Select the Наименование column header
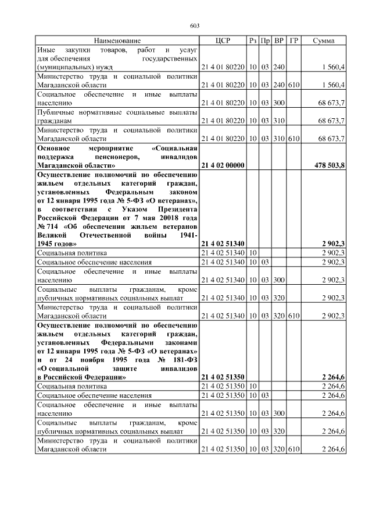(x=117, y=41)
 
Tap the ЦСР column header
(x=223, y=41)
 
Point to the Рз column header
(x=253, y=41)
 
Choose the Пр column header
(x=265, y=41)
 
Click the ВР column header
(x=280, y=41)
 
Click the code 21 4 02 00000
(x=222, y=166)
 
